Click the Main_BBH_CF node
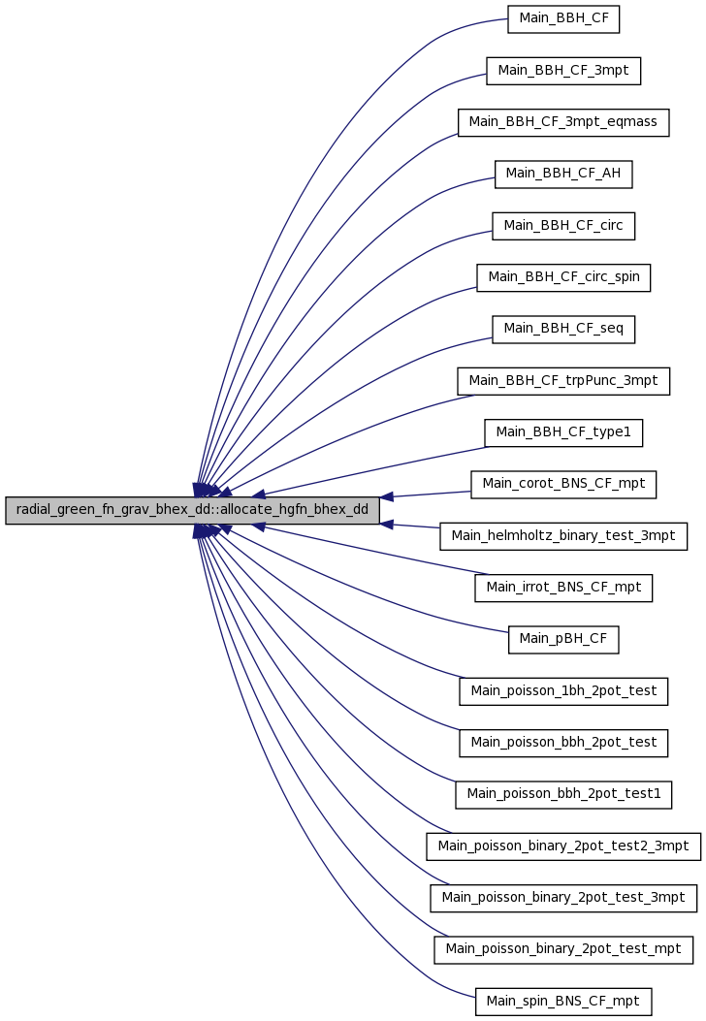(x=563, y=18)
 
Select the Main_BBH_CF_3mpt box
(x=563, y=71)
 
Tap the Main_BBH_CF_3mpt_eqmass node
(x=563, y=122)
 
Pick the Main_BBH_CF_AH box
(x=563, y=174)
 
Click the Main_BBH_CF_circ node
(x=563, y=226)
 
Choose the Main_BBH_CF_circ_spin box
(x=563, y=277)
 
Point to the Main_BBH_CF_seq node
(x=563, y=329)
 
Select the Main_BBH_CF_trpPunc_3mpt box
(x=563, y=381)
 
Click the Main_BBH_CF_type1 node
(x=563, y=432)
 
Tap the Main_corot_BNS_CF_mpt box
(x=563, y=485)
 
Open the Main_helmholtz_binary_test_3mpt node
(x=563, y=536)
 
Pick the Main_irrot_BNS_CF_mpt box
(x=563, y=588)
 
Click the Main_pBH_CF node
(x=563, y=639)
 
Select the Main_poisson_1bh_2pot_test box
(x=563, y=691)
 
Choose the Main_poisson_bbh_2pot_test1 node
(x=563, y=794)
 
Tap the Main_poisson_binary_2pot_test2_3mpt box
(x=563, y=846)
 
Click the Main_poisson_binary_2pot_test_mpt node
(x=563, y=949)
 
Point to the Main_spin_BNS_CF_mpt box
(x=563, y=1002)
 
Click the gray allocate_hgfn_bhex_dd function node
(x=192, y=510)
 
